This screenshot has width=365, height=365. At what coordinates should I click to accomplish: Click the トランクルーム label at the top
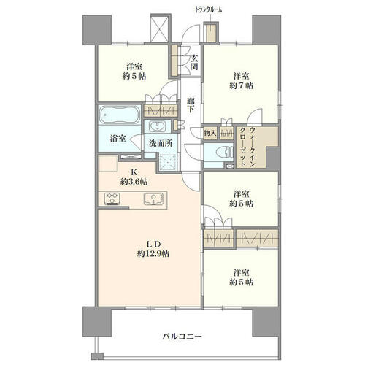pyautogui.click(x=208, y=9)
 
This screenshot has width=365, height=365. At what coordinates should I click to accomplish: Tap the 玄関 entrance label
pyautogui.click(x=194, y=62)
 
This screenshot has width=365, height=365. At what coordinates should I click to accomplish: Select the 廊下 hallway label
pyautogui.click(x=191, y=104)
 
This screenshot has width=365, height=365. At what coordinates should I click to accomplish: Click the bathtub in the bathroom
pyautogui.click(x=120, y=115)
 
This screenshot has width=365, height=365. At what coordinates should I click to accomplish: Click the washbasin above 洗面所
pyautogui.click(x=156, y=126)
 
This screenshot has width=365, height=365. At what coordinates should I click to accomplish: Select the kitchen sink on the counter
pyautogui.click(x=153, y=199)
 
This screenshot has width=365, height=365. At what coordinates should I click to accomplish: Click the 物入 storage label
pyautogui.click(x=210, y=133)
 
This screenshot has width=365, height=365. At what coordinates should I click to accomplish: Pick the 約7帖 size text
pyautogui.click(x=241, y=85)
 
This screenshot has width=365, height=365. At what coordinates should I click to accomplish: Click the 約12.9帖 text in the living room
pyautogui.click(x=153, y=254)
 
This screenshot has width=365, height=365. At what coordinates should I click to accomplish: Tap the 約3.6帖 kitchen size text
pyautogui.click(x=134, y=182)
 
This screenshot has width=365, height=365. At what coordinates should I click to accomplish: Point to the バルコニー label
pyautogui.click(x=182, y=337)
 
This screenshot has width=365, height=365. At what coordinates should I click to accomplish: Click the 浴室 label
pyautogui.click(x=118, y=139)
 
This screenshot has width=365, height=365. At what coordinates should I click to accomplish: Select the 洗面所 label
pyautogui.click(x=161, y=143)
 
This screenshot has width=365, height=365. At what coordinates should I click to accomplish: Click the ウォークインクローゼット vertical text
pyautogui.click(x=248, y=147)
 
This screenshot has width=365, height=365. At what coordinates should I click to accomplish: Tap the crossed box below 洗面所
pyautogui.click(x=169, y=161)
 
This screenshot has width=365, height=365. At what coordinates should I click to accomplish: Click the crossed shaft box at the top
pyautogui.click(x=159, y=28)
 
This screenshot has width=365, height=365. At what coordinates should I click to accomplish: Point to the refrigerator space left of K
pyautogui.click(x=108, y=164)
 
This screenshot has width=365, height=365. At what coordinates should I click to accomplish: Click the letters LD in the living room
pyautogui.click(x=153, y=244)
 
